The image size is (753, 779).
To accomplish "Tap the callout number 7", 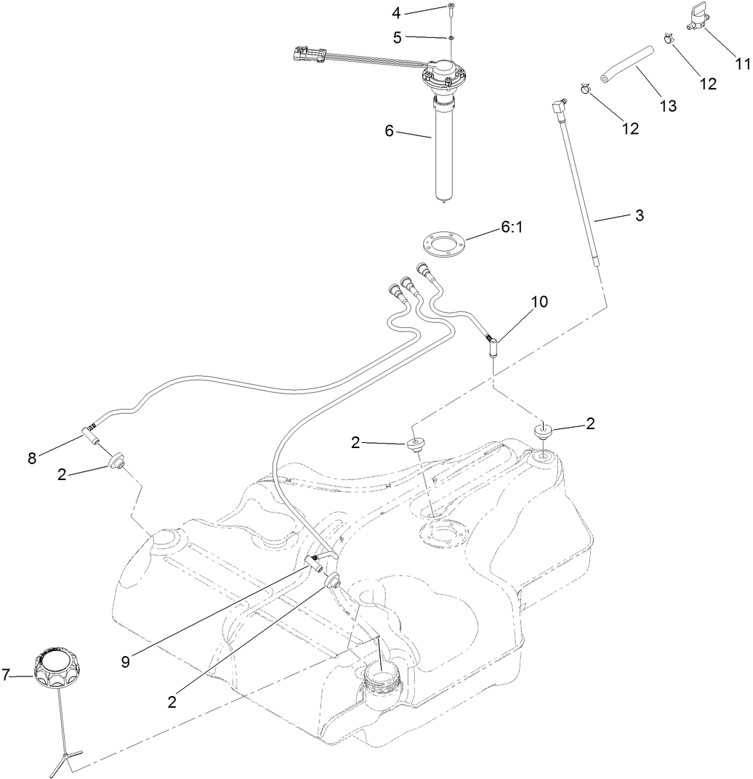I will point(7,675).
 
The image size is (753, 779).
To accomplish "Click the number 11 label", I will point(741,63).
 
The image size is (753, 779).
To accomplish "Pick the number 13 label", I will point(667,106).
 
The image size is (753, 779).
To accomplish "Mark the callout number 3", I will point(639,215).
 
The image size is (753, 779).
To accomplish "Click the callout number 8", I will point(31,458).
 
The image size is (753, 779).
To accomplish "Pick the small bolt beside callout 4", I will point(451,11).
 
